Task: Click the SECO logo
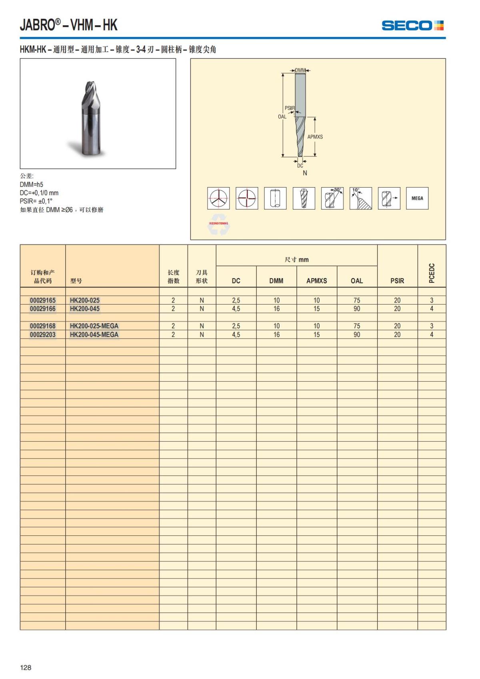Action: pos(412,26)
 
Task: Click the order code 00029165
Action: pos(43,300)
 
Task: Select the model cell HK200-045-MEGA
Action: pos(94,334)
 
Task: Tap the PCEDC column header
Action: pos(432,273)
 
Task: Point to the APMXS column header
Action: pos(316,281)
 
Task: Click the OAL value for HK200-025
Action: pos(357,300)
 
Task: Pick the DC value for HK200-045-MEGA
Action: pos(236,334)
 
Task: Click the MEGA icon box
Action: pos(417,198)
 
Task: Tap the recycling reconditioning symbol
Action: pos(218,226)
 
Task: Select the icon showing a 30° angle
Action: pos(332,198)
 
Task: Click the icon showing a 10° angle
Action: pos(360,198)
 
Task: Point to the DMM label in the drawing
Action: pos(300,70)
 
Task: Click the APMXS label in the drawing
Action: pos(315,137)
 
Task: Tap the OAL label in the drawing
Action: pos(282,117)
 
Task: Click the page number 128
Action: pos(26,667)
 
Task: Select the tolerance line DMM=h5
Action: pos(32,184)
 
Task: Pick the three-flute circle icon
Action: pos(218,198)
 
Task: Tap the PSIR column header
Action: pos(397,281)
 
